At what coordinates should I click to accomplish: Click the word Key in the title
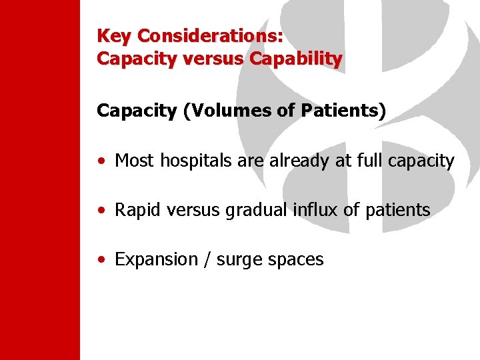pyautogui.click(x=113, y=35)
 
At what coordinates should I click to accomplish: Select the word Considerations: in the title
pyautogui.click(x=209, y=35)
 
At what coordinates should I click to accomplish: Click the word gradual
pyautogui.click(x=256, y=210)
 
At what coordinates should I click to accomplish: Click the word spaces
pyautogui.click(x=295, y=259)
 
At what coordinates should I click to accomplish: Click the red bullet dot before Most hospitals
pyautogui.click(x=100, y=161)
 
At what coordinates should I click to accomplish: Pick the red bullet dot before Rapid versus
pyautogui.click(x=100, y=211)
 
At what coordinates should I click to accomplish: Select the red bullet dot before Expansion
pyautogui.click(x=100, y=260)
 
